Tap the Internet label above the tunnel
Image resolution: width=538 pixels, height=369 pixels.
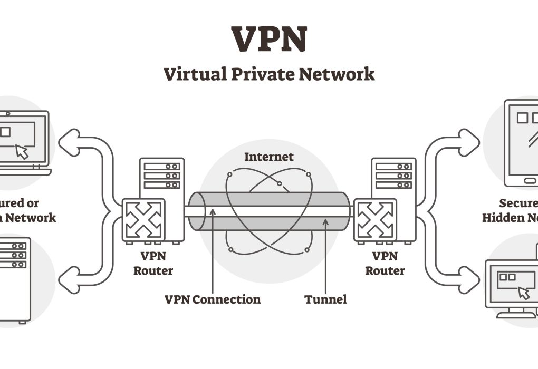click(268, 157)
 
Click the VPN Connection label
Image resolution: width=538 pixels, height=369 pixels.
click(213, 299)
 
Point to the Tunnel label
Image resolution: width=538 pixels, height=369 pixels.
click(325, 299)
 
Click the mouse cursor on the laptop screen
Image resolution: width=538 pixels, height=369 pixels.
click(22, 151)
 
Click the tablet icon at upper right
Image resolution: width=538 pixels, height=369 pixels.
click(522, 142)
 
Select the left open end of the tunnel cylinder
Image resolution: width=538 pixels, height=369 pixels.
click(196, 211)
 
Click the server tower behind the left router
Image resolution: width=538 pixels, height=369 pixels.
click(162, 179)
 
